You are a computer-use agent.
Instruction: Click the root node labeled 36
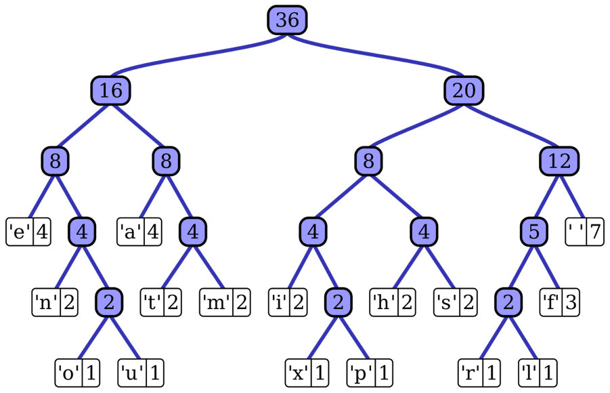(287, 20)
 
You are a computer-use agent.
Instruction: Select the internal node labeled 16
(111, 91)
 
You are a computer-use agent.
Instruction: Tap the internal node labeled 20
(464, 91)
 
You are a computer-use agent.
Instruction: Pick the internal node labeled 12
(559, 161)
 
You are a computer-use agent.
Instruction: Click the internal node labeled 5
(534, 232)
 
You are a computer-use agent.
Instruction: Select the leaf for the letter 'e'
(28, 232)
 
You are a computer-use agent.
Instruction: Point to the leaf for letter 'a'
(139, 232)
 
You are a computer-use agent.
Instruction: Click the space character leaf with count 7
(585, 232)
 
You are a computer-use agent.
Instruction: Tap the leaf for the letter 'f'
(559, 302)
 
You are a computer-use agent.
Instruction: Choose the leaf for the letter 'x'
(307, 373)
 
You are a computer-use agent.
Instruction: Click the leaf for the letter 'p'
(370, 373)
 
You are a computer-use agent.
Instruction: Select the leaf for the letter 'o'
(77, 373)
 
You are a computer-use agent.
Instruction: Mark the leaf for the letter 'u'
(141, 373)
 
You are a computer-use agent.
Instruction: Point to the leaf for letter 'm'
(225, 302)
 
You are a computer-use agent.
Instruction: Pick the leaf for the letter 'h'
(393, 302)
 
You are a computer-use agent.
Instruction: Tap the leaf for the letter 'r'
(479, 373)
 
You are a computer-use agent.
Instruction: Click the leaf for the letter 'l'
(538, 373)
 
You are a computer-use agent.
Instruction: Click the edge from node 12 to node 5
(547, 196)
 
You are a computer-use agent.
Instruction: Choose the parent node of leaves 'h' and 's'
(424, 232)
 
